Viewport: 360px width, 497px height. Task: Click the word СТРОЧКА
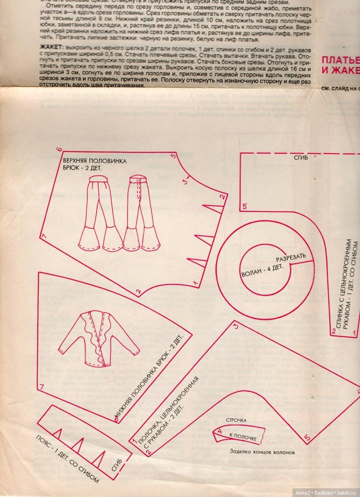coord(236,420)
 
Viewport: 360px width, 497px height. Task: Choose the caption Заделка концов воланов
coord(262,452)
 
